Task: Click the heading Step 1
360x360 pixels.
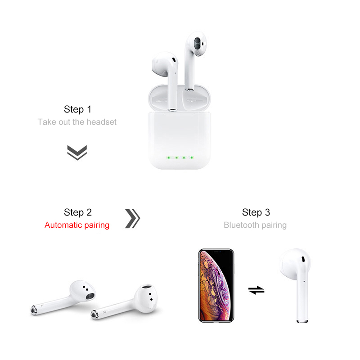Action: (77, 109)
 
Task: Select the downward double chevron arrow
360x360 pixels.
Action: (77, 153)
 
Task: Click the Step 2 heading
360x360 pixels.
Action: (77, 212)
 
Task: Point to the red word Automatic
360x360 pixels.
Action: (63, 225)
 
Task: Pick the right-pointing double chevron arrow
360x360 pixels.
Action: (132, 218)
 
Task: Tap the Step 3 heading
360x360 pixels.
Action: (256, 212)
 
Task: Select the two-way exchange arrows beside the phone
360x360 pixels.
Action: (256, 290)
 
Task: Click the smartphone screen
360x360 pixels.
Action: (216, 286)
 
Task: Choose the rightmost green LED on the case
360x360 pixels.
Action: (192, 158)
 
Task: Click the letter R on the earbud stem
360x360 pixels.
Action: (104, 311)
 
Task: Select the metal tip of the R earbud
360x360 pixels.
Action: (94, 314)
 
